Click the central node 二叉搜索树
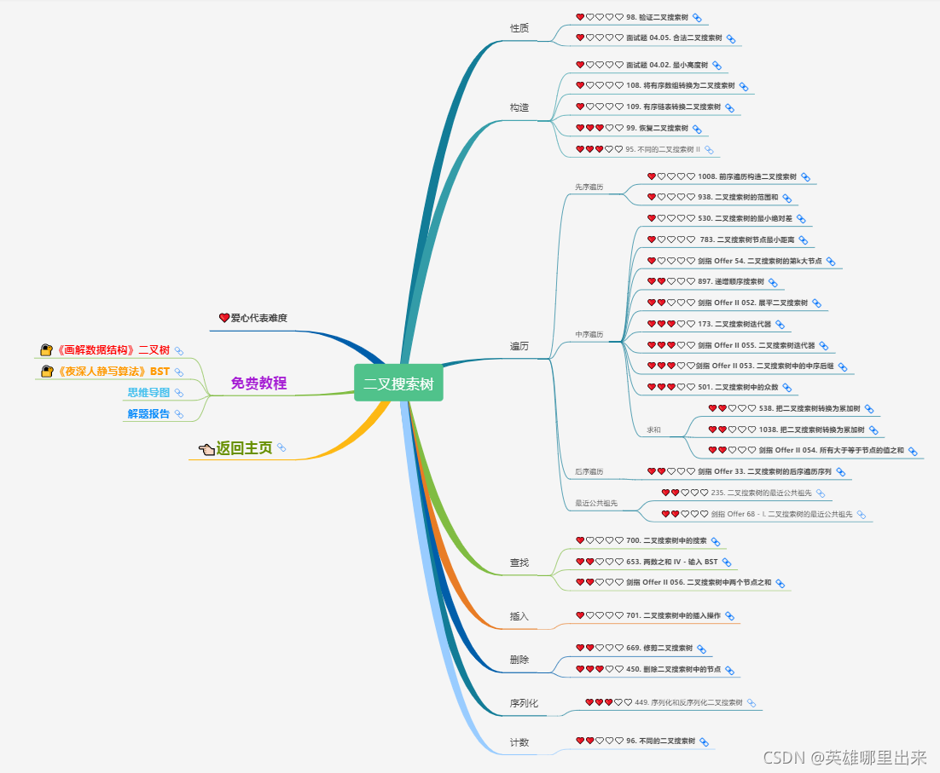[398, 384]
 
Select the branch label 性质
[519, 28]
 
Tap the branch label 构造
[519, 107]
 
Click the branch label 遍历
[519, 346]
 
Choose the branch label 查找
[519, 562]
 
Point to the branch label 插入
[519, 616]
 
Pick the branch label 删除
[519, 660]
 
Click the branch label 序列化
[524, 704]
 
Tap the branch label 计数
[519, 742]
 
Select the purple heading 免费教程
[258, 384]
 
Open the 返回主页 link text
[244, 448]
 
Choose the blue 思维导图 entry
[148, 393]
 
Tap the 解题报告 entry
[148, 414]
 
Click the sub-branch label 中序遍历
[589, 335]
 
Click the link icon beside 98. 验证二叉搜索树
[697, 18]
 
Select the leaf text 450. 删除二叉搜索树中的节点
[673, 670]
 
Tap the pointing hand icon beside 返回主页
[206, 449]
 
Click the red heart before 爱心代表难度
[224, 318]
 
